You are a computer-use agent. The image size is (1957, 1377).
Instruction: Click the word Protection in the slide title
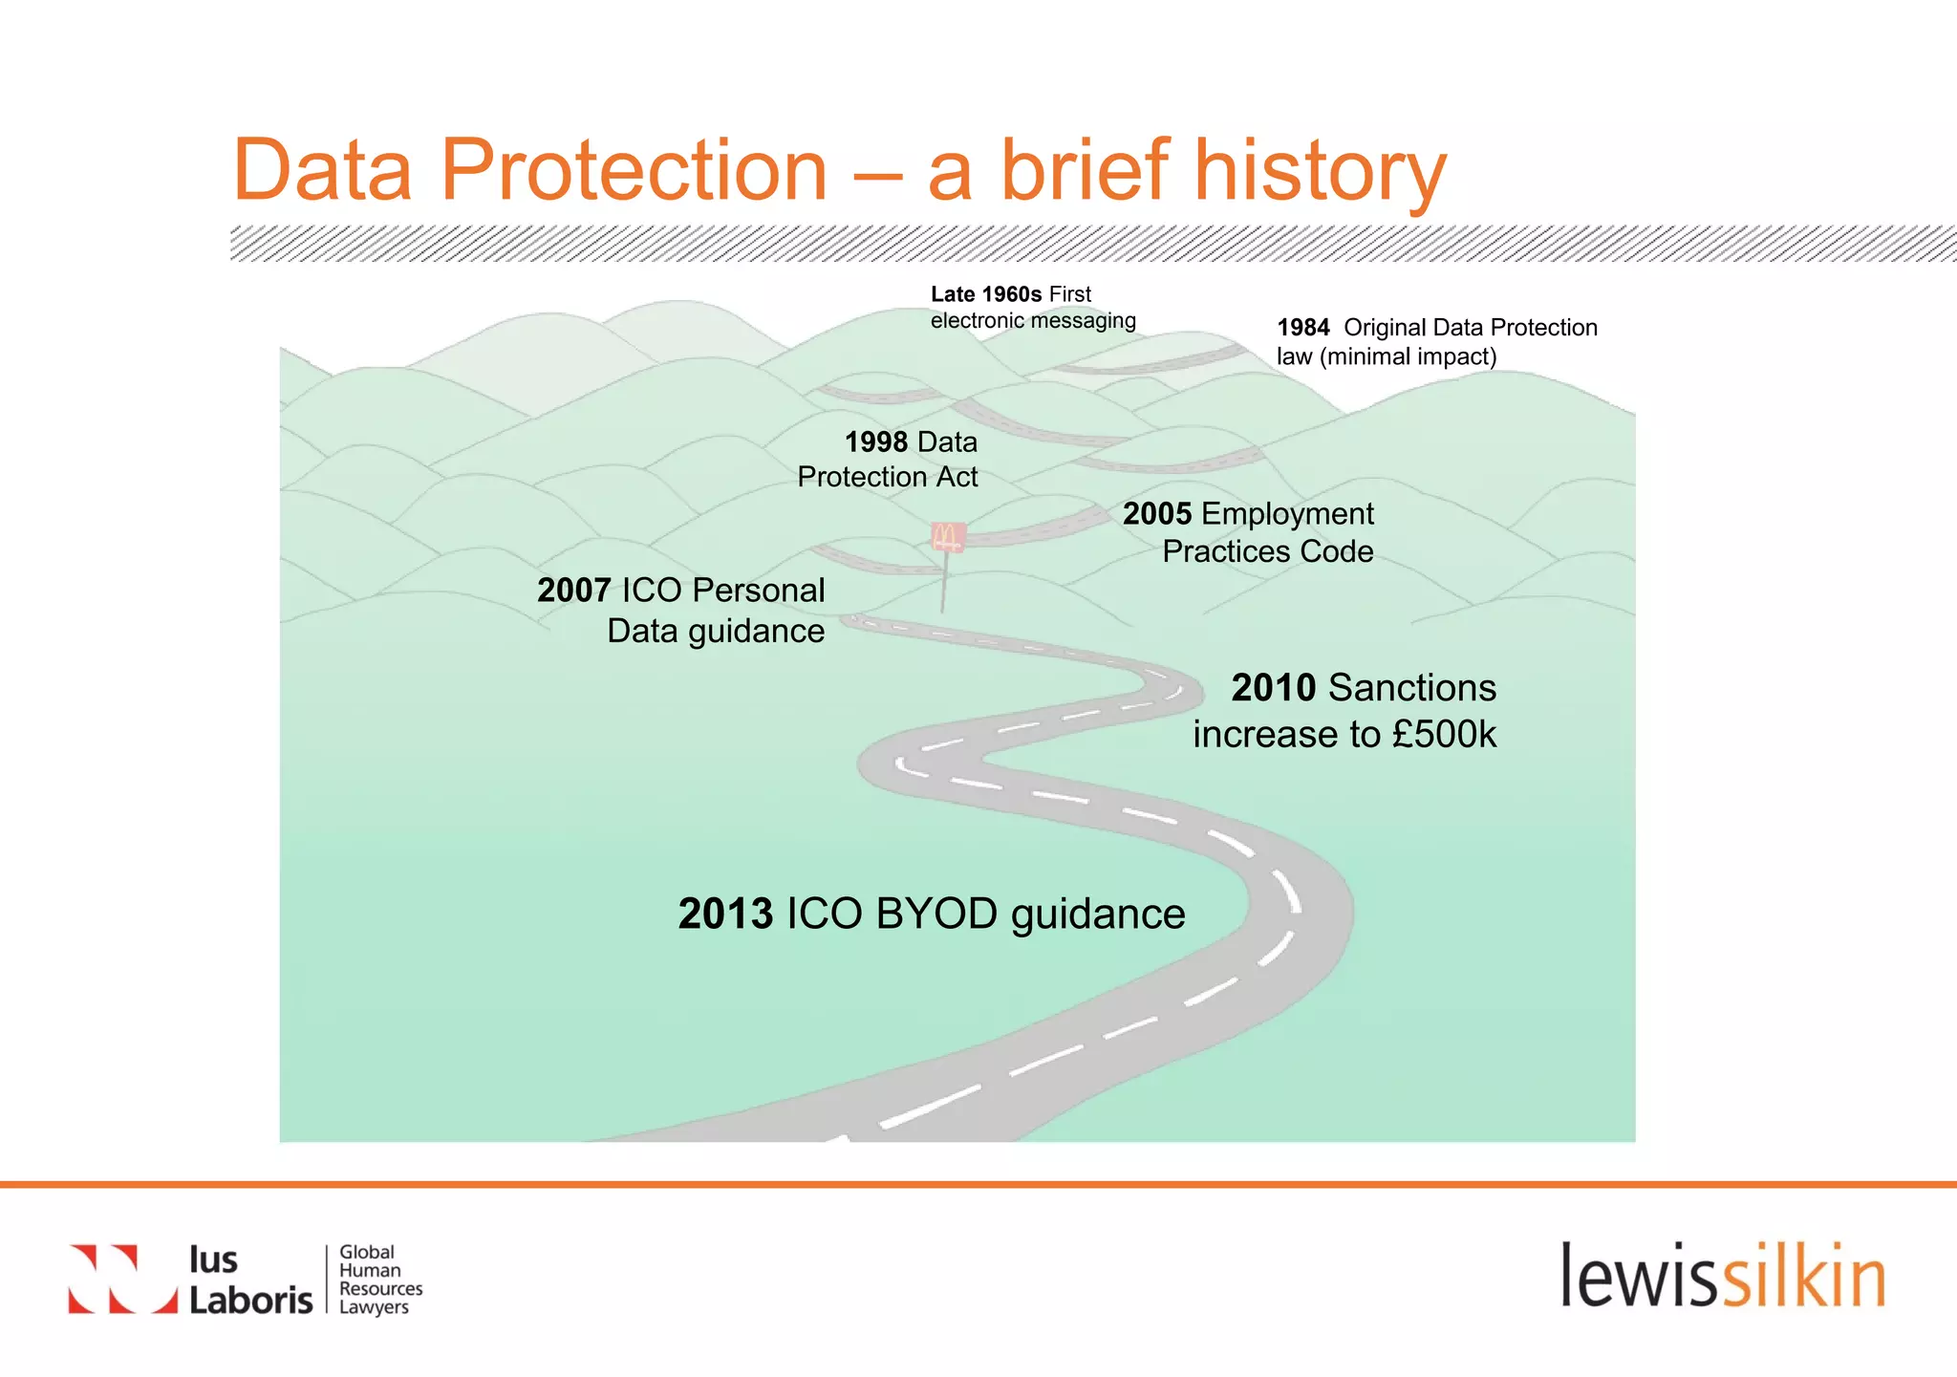pos(633,170)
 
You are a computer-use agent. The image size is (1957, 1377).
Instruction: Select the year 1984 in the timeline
pos(1303,328)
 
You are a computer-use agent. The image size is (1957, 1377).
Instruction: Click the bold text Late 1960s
pos(986,294)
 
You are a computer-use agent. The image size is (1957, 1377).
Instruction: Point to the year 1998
pos(876,442)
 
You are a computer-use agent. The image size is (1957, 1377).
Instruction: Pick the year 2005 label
pos(1156,514)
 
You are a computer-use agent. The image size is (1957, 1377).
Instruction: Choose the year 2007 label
pos(573,591)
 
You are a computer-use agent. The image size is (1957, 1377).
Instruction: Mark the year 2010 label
pos(1273,688)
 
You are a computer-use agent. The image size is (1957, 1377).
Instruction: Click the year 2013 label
pos(725,914)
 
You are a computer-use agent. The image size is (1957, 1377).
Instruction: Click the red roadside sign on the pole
pos(948,537)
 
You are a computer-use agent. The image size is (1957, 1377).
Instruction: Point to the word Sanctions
pos(1412,688)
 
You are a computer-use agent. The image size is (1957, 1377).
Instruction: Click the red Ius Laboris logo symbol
pos(122,1279)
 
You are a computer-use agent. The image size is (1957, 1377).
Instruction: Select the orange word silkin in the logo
pos(1804,1277)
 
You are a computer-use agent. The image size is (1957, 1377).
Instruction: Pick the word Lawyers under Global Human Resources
pos(374,1307)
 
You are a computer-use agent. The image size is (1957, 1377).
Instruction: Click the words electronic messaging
pos(1033,321)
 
